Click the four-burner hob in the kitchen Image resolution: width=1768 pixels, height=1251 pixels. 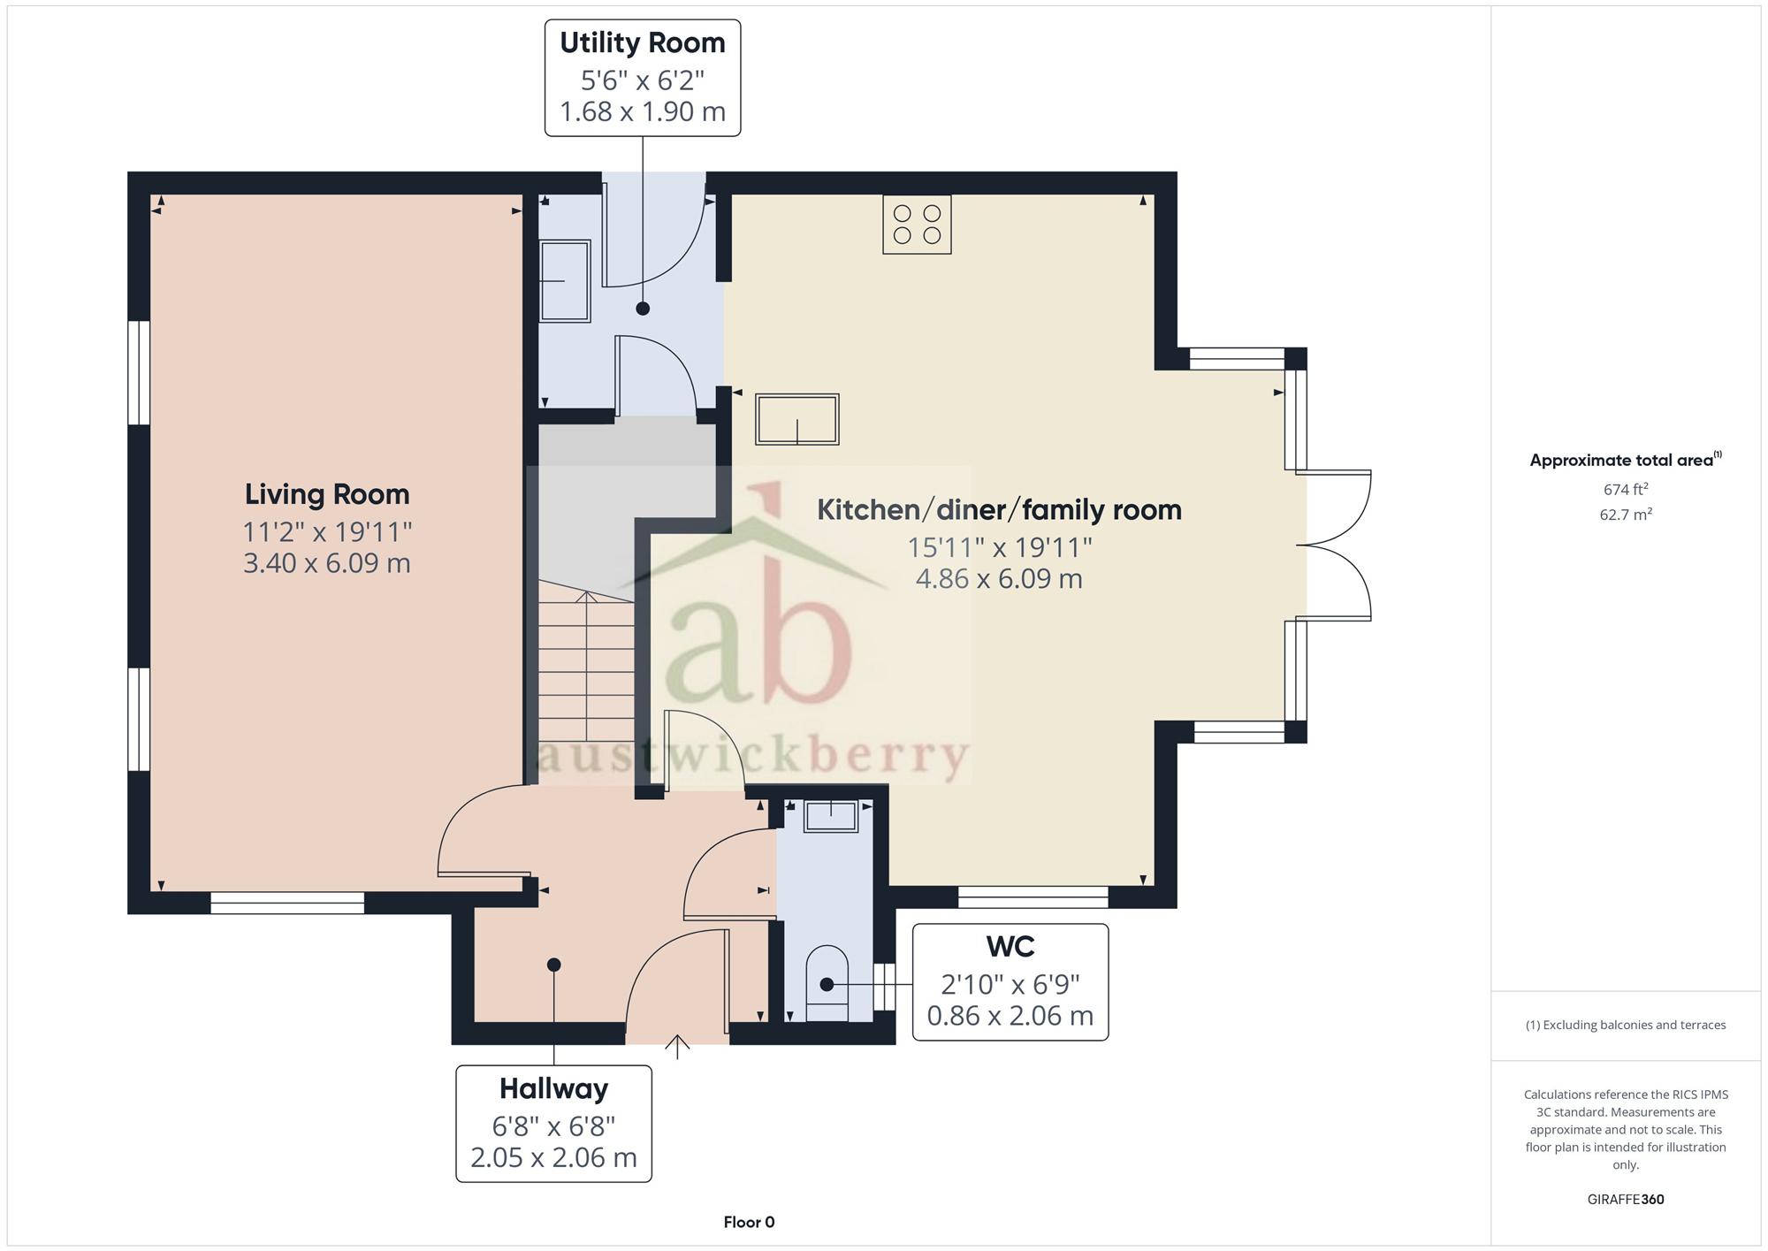917,225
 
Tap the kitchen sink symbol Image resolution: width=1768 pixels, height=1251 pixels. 796,419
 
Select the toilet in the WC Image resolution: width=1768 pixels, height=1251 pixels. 827,983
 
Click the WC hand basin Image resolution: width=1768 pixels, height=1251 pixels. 830,816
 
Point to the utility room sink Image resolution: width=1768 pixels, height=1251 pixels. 564,281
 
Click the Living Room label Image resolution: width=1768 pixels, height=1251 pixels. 327,494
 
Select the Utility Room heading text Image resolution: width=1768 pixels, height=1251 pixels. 643,42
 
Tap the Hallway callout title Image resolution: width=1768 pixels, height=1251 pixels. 553,1088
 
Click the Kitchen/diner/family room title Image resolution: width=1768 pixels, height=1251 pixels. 999,510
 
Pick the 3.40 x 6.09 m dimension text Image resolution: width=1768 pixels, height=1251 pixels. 327,563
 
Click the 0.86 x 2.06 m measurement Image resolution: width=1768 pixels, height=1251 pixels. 1010,1016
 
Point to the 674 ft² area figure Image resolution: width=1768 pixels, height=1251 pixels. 1626,489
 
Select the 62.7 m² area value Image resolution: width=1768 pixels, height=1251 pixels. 1626,515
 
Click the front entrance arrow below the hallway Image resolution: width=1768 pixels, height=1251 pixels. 677,1046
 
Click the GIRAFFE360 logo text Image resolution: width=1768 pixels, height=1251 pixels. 1626,1200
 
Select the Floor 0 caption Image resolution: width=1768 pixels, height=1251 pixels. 749,1223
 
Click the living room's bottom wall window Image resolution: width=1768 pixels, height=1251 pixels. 287,902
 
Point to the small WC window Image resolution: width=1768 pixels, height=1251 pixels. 884,987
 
